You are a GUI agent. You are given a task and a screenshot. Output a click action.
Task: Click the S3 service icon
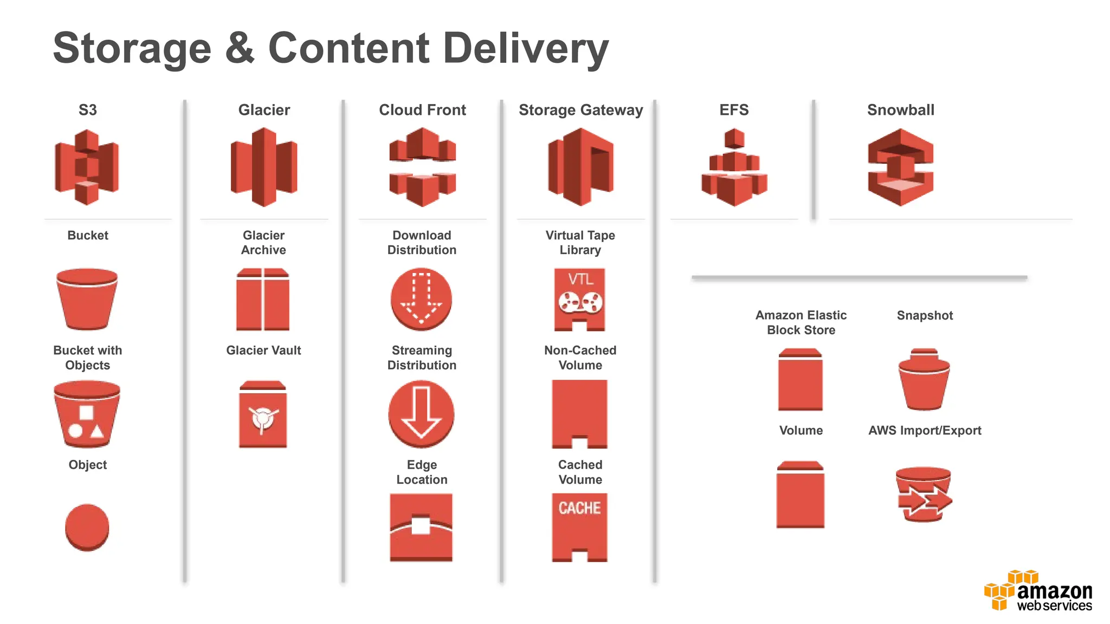coord(87,167)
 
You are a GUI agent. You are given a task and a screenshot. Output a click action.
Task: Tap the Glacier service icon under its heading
coord(264,167)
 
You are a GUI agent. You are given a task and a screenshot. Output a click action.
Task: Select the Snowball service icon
coord(900,167)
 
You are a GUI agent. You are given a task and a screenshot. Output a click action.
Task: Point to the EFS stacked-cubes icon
coord(734,167)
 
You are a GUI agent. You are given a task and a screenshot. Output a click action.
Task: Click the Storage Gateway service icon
coord(580,167)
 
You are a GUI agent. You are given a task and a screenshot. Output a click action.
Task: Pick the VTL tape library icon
coord(579,300)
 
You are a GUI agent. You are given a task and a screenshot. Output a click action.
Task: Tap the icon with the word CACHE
coord(579,527)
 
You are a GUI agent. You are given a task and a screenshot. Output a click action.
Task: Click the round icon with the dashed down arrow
coord(421,300)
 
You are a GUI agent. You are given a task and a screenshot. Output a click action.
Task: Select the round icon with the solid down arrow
coord(421,414)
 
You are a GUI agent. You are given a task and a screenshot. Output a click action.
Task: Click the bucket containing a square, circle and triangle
coord(87,414)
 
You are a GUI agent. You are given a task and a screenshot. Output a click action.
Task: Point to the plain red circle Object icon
coord(87,527)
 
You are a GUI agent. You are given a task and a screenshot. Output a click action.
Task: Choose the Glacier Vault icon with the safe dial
coord(263,414)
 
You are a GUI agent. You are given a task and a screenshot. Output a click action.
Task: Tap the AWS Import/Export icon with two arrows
coord(924,495)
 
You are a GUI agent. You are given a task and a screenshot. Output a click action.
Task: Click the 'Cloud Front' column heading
coord(422,110)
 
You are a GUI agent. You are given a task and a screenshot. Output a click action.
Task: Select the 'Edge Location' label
coord(422,472)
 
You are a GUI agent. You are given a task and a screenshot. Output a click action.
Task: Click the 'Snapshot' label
coord(925,315)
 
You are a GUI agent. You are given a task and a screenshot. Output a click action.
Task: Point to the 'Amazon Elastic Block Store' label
coord(801,322)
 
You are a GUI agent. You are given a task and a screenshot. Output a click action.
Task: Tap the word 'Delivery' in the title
coord(526,49)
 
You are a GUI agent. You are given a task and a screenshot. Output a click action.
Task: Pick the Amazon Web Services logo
coord(1038,591)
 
